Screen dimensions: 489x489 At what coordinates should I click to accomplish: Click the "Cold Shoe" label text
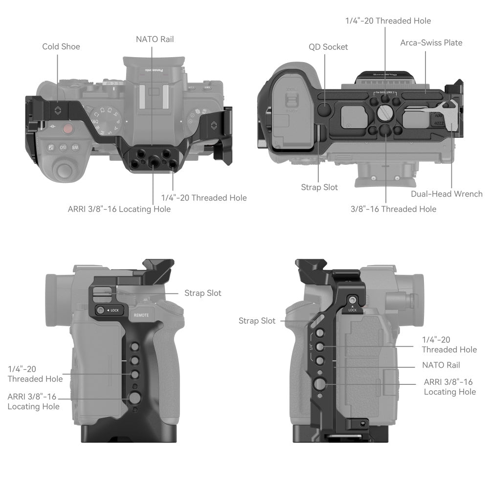coord(61,46)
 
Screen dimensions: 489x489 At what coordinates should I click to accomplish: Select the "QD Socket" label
coord(328,47)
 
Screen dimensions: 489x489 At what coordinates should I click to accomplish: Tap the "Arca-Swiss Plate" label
coord(431,43)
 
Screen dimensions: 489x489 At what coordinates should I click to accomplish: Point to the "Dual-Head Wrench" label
coord(446,194)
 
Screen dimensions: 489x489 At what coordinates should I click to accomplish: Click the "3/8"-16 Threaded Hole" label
coord(393,209)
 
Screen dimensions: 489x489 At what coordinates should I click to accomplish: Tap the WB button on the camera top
coord(75,147)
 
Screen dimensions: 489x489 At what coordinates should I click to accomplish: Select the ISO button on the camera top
coord(63,147)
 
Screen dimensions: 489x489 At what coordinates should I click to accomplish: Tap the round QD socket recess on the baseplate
coord(324,109)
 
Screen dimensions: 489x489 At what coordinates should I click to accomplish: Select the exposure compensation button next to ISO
coord(51,147)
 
